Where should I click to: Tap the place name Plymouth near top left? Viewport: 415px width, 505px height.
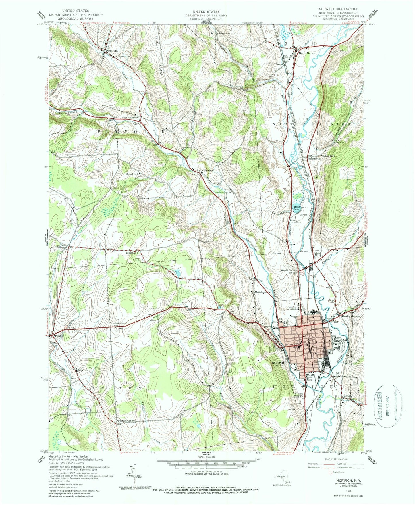pos(112,51)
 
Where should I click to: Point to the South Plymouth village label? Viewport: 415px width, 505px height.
pos(205,170)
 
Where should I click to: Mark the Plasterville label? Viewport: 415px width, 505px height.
pos(314,158)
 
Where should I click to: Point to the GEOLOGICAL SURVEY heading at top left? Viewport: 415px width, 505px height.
pos(76,18)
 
